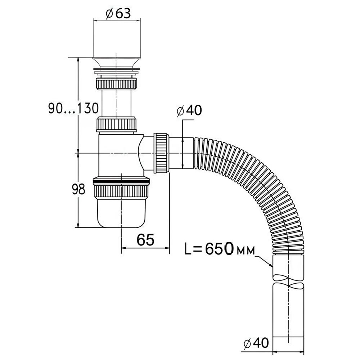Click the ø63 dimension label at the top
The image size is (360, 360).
pyautogui.click(x=117, y=13)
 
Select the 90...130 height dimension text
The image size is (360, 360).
pyautogui.click(x=73, y=108)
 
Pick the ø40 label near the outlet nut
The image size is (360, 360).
pyautogui.click(x=189, y=111)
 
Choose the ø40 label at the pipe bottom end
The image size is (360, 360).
pyautogui.click(x=256, y=343)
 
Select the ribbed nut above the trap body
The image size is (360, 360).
pyautogui.click(x=117, y=124)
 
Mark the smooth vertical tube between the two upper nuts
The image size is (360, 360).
pyautogui.click(x=116, y=103)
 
